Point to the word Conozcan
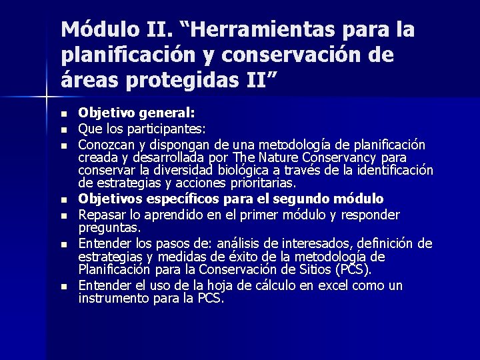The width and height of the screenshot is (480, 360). (104, 144)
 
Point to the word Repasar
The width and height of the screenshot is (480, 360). (100, 215)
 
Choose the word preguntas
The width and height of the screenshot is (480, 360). (109, 227)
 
